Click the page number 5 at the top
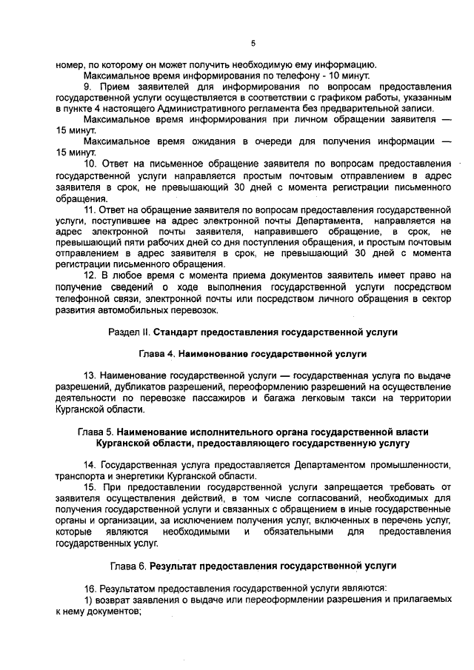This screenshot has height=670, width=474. (253, 42)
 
